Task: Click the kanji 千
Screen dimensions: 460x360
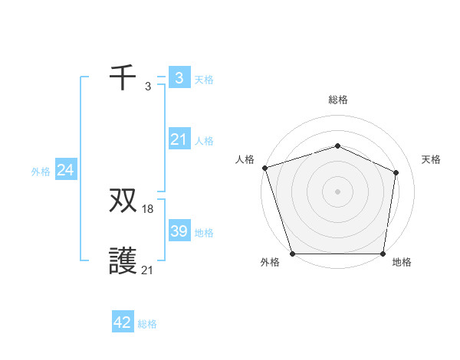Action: (x=123, y=77)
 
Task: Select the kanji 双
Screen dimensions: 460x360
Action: (x=123, y=201)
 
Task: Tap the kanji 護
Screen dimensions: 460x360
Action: (x=123, y=262)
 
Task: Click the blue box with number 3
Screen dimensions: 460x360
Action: (x=179, y=77)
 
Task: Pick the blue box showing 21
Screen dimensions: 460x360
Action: (x=179, y=139)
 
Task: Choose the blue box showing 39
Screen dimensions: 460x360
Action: (x=179, y=231)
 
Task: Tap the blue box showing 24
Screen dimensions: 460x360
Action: (x=66, y=170)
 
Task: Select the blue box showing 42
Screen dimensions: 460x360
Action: (x=123, y=322)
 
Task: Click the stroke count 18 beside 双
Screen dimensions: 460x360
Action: (x=148, y=209)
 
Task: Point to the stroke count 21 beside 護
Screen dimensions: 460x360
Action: (x=148, y=270)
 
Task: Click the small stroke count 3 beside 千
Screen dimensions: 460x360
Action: (x=148, y=86)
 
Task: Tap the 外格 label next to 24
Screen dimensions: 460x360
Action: (x=41, y=172)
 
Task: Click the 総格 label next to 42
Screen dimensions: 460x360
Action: (x=147, y=324)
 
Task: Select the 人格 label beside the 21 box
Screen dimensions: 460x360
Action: (x=204, y=141)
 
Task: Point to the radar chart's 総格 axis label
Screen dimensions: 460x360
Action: (x=337, y=100)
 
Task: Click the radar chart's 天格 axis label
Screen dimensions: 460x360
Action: (x=431, y=159)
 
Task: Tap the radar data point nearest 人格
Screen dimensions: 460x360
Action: (x=264, y=167)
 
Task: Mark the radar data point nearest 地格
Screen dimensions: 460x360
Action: (x=383, y=254)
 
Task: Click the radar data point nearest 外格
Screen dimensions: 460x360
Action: (x=293, y=254)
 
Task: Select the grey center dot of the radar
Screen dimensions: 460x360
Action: (x=337, y=191)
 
